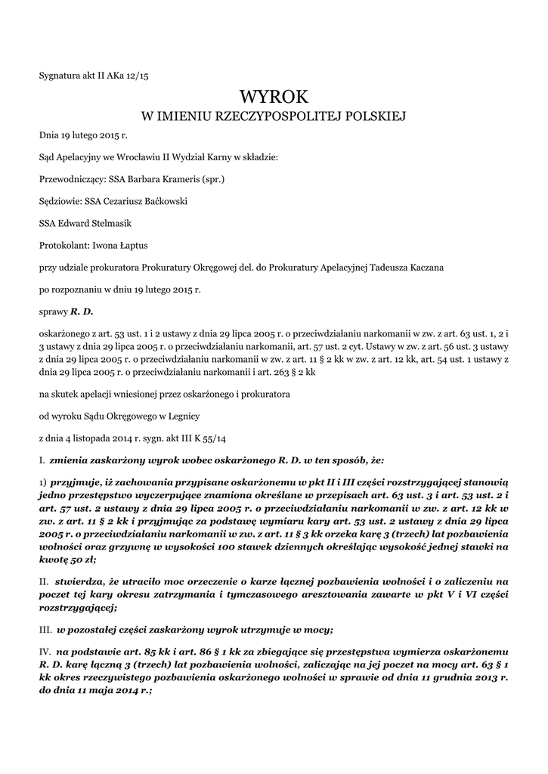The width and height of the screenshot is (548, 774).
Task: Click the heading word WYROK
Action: (274, 97)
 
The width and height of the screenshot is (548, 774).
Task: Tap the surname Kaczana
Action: (423, 268)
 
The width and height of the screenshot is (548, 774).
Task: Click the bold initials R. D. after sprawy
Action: (82, 311)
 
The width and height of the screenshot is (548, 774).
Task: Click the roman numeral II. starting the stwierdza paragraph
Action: (44, 581)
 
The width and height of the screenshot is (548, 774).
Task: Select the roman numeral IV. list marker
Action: (45, 651)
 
